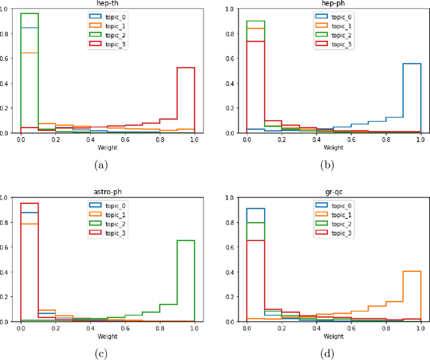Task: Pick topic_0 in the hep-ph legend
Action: [339, 17]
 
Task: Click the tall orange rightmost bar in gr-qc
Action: [412, 296]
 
